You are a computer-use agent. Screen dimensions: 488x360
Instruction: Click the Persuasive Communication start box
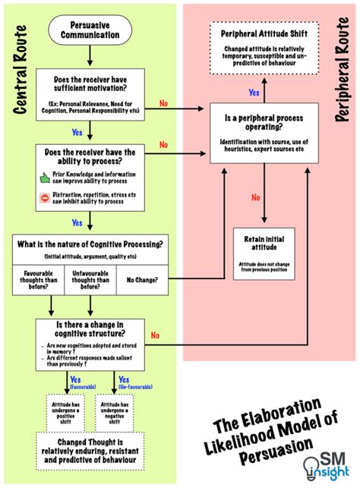(x=90, y=30)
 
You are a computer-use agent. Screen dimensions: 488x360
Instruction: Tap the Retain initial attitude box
(x=264, y=253)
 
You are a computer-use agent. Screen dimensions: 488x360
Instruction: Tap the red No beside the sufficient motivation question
(x=163, y=102)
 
